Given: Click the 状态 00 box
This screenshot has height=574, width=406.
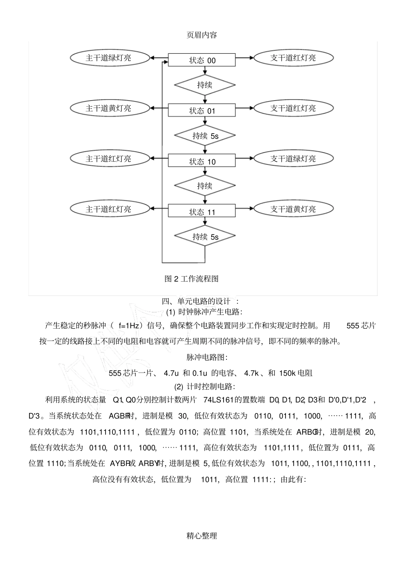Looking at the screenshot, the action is coord(202,60).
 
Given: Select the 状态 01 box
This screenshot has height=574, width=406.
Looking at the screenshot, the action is coord(202,111).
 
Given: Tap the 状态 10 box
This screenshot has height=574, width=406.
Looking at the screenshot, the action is coord(202,161).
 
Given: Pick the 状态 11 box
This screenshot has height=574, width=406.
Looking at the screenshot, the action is coord(202,212).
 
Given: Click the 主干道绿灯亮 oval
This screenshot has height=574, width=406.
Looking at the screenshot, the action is coord(110,58).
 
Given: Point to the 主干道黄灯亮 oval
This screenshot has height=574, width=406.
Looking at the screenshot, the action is coord(110,108).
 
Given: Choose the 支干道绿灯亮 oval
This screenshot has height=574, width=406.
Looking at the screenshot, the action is coord(293,159).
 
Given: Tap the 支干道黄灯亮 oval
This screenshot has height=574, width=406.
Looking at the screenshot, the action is coord(293,209).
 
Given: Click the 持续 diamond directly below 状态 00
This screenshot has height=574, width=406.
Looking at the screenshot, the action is coord(205,85).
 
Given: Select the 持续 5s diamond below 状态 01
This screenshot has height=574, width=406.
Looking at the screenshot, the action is coord(205,136).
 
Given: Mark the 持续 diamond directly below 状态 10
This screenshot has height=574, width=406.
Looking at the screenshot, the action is coord(205,186).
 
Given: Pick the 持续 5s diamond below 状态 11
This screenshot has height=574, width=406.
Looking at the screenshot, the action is coord(205,236).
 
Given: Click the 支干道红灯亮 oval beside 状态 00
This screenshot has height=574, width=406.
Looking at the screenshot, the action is coord(293,58).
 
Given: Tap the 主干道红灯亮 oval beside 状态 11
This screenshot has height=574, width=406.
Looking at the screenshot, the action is coord(110,209).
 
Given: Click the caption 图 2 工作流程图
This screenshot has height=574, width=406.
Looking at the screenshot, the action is coord(191,279).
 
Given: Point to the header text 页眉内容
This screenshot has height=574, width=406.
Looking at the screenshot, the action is coord(202,35).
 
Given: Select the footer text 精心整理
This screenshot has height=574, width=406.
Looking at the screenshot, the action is coord(202,536).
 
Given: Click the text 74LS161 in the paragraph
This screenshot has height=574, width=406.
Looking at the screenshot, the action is coord(218,400).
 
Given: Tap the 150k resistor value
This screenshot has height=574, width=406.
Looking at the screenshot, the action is coord(288,373).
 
